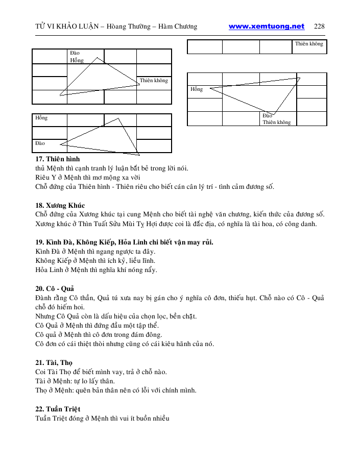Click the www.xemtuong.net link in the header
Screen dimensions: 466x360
[266, 27]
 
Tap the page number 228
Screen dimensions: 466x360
[320, 27]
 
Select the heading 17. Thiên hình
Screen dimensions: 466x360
[58, 159]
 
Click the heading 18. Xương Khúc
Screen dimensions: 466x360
[60, 205]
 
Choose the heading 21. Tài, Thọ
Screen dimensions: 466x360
[54, 362]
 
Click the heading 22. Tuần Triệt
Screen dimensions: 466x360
[58, 409]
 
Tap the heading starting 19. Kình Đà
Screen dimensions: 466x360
[124, 242]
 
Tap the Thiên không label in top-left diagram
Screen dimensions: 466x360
[154, 81]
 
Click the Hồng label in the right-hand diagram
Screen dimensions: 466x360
[197, 89]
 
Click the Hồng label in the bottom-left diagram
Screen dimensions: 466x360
[41, 118]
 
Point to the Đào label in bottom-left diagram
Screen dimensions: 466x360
[40, 143]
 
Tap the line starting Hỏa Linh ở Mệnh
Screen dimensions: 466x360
[96, 270]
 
